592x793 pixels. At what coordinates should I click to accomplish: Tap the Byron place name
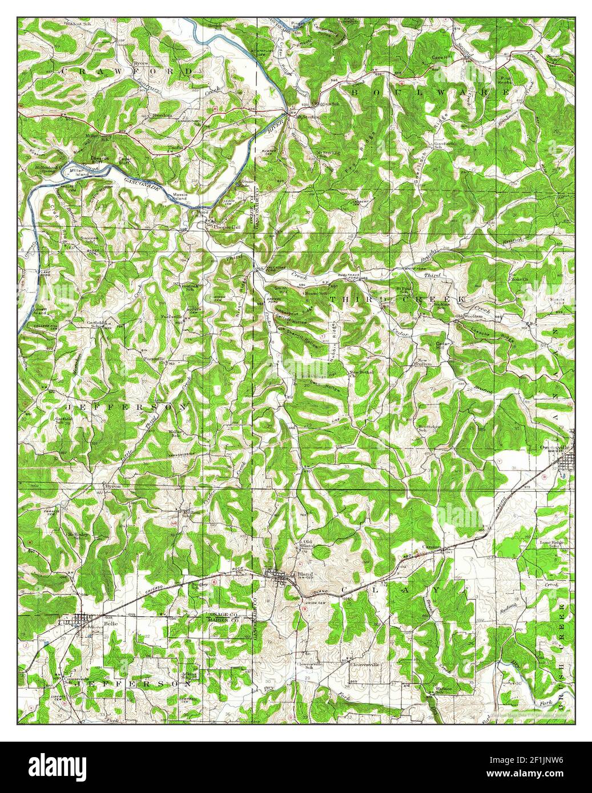click(112, 485)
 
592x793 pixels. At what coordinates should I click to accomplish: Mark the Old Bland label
click(308, 543)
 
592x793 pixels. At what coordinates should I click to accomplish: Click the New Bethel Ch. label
click(361, 375)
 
